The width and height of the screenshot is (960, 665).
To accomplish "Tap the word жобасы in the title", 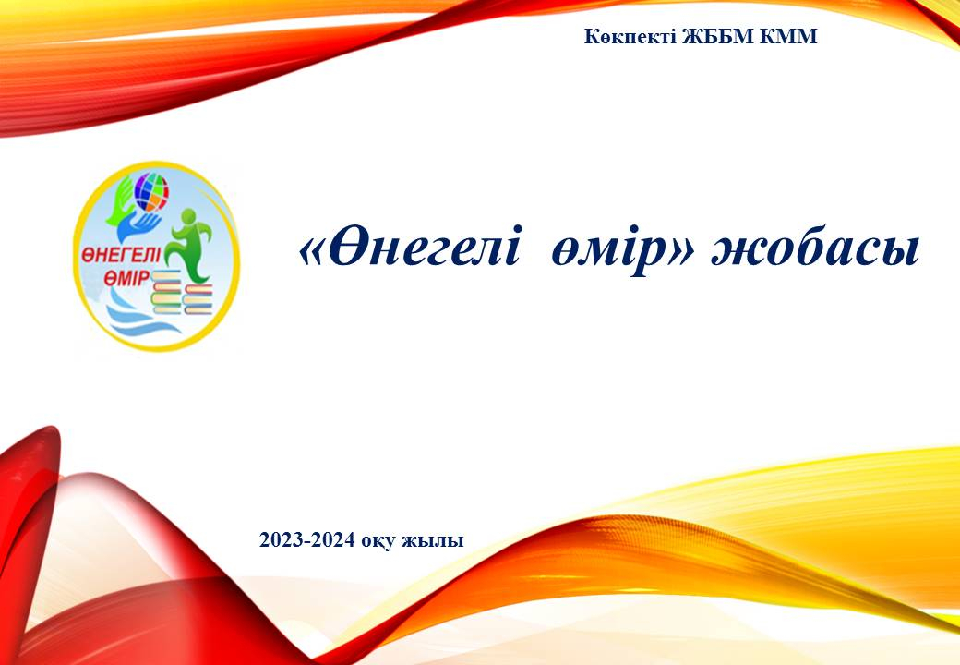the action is pyautogui.click(x=815, y=250).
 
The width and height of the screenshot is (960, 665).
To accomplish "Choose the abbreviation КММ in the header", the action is pyautogui.click(x=788, y=37).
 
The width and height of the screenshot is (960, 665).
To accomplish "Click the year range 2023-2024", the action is pyautogui.click(x=306, y=540).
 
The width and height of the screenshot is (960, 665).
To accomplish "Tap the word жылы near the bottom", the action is pyautogui.click(x=432, y=541).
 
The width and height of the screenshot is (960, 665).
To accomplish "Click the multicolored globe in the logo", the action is pyautogui.click(x=151, y=192).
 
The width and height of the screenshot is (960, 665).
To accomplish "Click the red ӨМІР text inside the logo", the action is pyautogui.click(x=126, y=277).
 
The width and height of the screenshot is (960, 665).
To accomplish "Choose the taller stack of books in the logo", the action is pyautogui.click(x=166, y=292).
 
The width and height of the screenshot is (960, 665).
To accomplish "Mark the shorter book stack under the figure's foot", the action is pyautogui.click(x=198, y=299).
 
